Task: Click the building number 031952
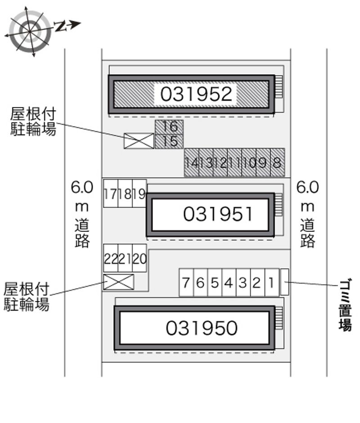click(196, 94)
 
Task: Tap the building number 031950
click(202, 328)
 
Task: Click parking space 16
click(169, 127)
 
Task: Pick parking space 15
click(169, 141)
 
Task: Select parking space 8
click(277, 162)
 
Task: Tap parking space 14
click(192, 162)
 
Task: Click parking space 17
click(111, 193)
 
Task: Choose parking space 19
click(139, 193)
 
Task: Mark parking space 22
click(111, 258)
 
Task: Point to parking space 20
click(139, 258)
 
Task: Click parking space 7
click(186, 283)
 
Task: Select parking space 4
click(229, 283)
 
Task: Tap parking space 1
click(272, 283)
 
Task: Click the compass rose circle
click(30, 32)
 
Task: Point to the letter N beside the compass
click(61, 26)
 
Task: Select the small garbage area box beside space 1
click(285, 282)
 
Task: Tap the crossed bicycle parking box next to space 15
click(139, 141)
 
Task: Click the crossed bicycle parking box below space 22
click(119, 282)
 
